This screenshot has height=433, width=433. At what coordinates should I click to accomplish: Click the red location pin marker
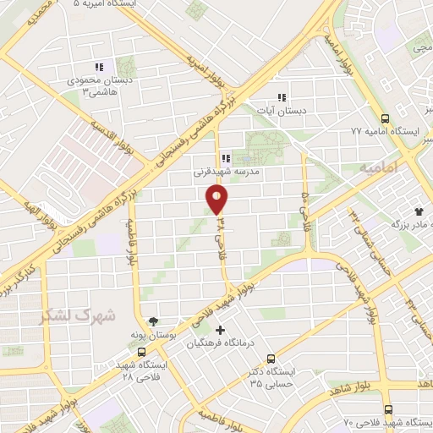tap(217, 199)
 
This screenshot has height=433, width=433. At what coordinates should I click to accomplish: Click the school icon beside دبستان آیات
tap(282, 96)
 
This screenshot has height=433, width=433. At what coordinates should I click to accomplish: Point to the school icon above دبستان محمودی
tap(99, 66)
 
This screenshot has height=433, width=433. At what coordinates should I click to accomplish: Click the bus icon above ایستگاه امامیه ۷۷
tap(385, 118)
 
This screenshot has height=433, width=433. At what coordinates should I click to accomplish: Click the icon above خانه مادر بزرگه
tap(417, 210)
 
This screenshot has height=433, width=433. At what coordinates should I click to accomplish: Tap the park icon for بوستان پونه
tap(153, 321)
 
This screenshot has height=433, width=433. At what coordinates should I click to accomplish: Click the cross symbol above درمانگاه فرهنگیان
tap(222, 329)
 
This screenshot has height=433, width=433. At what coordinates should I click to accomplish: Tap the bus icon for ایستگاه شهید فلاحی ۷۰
tap(386, 409)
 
